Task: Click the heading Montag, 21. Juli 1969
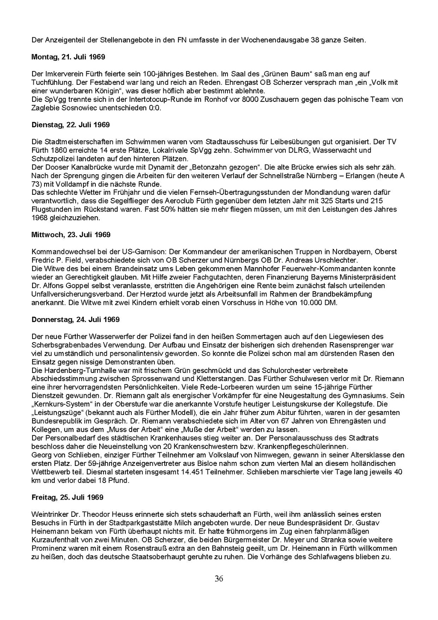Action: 68,57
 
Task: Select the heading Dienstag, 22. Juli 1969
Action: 71,125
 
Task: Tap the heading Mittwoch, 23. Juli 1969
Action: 71,235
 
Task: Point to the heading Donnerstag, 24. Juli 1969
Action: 76,319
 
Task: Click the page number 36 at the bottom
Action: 219,579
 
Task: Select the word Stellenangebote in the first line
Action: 126,40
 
